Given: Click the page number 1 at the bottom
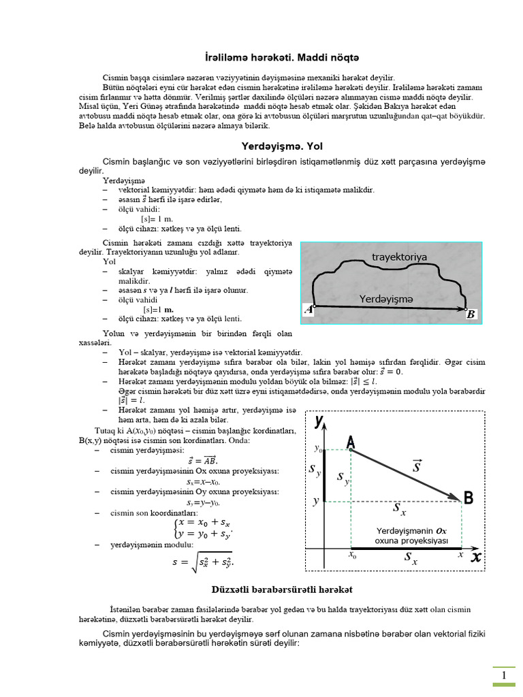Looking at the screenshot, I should point(504,675).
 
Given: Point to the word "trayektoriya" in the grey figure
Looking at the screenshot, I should point(399,257).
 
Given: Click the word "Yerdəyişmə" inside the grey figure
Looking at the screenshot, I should point(387,298).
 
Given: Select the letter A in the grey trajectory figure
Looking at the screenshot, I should point(308,310).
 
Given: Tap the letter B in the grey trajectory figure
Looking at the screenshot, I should point(471,314).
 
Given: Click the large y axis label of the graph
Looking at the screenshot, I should point(319,422).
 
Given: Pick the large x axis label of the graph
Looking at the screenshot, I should point(476,557).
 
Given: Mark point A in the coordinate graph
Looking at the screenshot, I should point(350,443).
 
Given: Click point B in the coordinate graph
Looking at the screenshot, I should point(468,499).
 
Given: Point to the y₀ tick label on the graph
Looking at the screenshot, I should point(317,449).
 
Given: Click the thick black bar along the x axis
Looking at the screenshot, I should point(406,548).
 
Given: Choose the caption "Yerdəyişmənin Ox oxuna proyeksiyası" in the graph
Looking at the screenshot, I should point(411,536).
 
